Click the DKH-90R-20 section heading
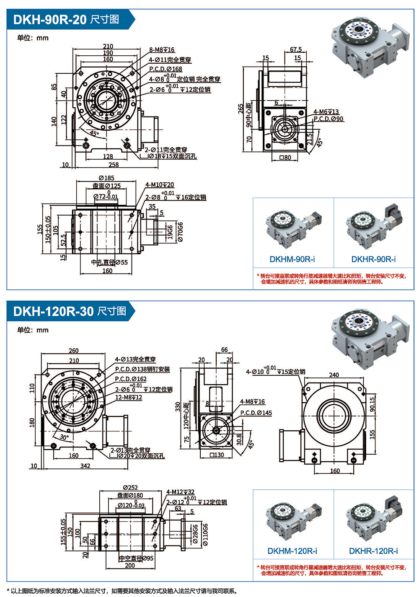66,20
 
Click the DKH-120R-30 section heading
70,311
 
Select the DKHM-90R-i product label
292,259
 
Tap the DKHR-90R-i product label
373,259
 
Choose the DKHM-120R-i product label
292,551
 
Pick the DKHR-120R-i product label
373,551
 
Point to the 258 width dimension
114,165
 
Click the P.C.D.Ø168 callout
166,69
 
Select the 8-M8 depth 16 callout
162,50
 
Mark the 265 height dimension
241,109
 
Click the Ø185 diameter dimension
106,178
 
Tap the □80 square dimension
285,158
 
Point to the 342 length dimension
85,465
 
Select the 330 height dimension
178,406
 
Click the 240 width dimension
334,375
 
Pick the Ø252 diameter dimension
130,487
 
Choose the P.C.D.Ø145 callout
256,413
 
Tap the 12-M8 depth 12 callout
128,397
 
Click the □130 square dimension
217,455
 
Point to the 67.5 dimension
296,49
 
